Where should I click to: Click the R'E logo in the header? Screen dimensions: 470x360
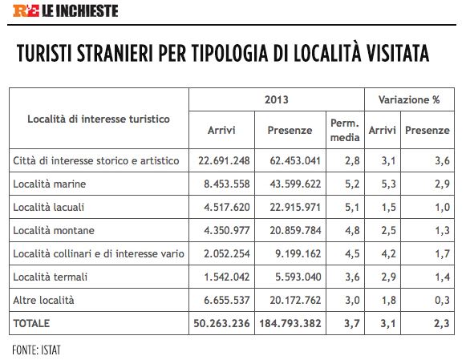[26, 10]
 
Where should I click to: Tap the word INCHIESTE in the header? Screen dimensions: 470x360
[87, 11]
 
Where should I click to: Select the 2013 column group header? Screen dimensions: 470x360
[277, 99]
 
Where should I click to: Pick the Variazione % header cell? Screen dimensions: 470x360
[409, 99]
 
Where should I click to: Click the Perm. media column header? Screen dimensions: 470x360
[345, 130]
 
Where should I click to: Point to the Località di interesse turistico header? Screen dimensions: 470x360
[99, 119]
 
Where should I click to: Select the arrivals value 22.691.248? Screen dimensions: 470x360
[224, 160]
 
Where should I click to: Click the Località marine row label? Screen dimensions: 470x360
[50, 184]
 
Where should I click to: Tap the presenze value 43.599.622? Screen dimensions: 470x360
[295, 184]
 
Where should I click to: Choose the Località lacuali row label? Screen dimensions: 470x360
[49, 207]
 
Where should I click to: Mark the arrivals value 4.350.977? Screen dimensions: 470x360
[227, 230]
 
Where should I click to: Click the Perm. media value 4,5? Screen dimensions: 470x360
[352, 253]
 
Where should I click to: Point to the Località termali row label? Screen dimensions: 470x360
[51, 277]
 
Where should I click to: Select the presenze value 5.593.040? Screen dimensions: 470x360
[298, 277]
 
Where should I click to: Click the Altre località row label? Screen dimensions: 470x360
[43, 300]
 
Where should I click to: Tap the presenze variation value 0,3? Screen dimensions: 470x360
[442, 300]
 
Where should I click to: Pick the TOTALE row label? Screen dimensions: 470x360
[31, 323]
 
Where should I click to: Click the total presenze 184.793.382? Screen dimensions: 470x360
[290, 323]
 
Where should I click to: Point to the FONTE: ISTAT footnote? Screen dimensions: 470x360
[36, 350]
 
